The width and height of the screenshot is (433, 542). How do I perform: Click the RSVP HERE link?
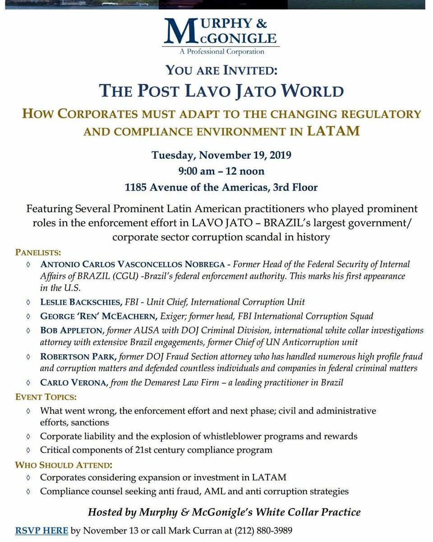pyautogui.click(x=41, y=530)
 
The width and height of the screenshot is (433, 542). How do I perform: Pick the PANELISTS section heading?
pyautogui.click(x=38, y=252)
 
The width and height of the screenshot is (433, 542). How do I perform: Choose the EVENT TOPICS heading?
pyautogui.click(x=46, y=397)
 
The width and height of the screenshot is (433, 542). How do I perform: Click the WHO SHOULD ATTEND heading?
pyautogui.click(x=64, y=465)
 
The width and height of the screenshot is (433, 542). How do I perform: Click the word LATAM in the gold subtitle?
pyautogui.click(x=333, y=131)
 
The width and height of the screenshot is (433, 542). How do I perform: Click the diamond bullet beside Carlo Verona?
pyautogui.click(x=29, y=383)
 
